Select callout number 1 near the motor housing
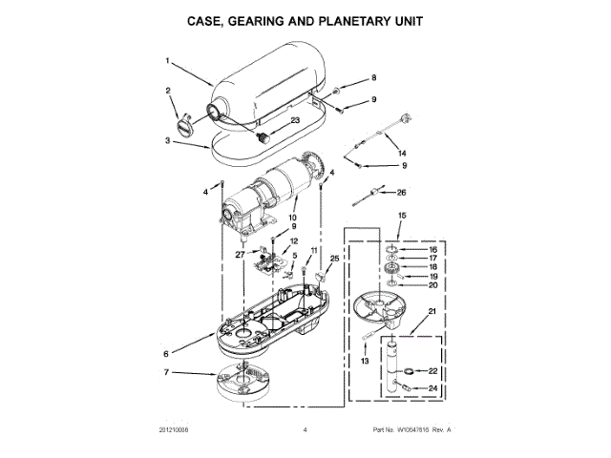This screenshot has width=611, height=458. tap(167, 61)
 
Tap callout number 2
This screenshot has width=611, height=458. tap(168, 92)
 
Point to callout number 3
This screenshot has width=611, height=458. tap(167, 140)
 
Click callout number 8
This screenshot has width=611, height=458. tap(374, 77)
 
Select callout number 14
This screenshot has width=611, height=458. tap(401, 153)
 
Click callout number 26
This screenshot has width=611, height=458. tap(402, 192)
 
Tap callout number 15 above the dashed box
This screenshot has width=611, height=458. tap(402, 218)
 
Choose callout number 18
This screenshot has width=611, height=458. tap(432, 267)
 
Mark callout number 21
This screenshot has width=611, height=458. tap(432, 311)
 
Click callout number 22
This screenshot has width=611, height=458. tap(432, 371)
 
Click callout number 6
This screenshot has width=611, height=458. tap(167, 352)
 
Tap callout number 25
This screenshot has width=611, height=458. tap(334, 258)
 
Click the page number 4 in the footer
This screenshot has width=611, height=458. tap(305, 431)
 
